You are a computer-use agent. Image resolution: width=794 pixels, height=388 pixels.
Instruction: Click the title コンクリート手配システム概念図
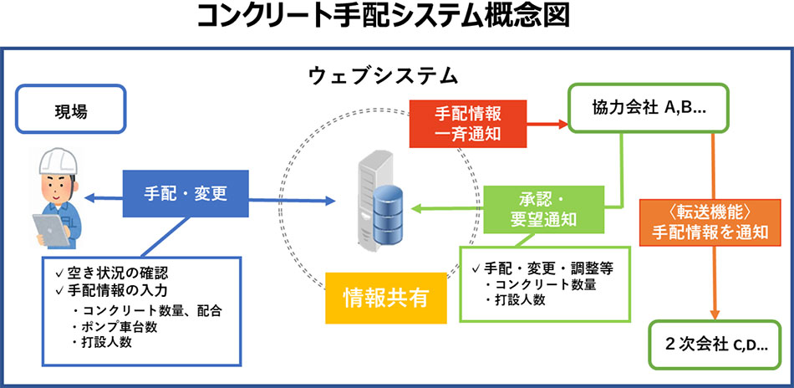(x=396, y=17)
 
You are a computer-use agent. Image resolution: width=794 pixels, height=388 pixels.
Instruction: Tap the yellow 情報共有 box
(x=384, y=298)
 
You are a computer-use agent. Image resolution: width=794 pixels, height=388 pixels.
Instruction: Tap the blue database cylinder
(x=392, y=215)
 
